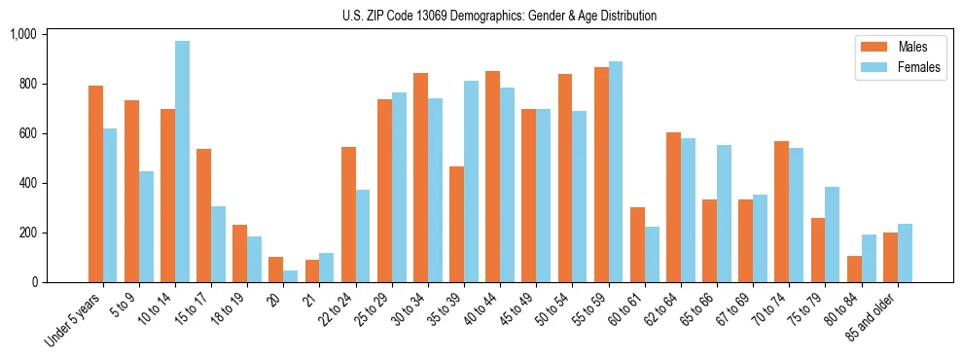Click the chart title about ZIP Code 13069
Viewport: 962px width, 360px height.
[x=499, y=16]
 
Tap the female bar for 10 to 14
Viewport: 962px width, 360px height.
[x=182, y=162]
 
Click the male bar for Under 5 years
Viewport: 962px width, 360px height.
[x=95, y=184]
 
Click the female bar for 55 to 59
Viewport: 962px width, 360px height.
[x=615, y=171]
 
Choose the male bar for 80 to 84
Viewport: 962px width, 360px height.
[x=853, y=269]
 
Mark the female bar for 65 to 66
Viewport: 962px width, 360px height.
[x=723, y=213]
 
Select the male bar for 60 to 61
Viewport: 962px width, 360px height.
[x=637, y=244]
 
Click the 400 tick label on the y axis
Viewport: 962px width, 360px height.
[x=26, y=183]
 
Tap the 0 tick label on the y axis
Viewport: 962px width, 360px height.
[x=33, y=282]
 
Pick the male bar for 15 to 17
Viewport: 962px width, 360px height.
[x=203, y=215]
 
